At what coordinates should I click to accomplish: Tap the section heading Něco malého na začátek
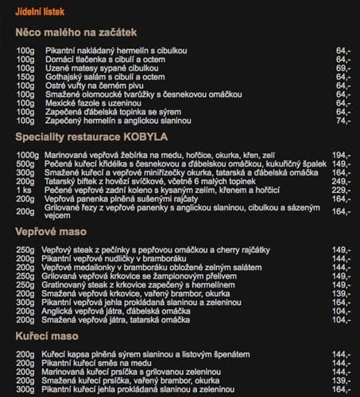[76, 33]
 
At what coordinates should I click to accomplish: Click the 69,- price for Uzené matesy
[343, 68]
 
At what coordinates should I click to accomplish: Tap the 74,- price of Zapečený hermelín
[343, 121]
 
